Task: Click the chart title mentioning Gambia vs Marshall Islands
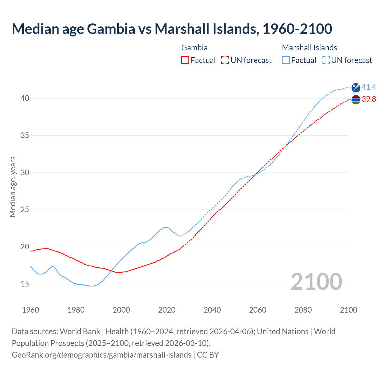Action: [x=172, y=29]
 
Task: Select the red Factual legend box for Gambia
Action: [x=185, y=60]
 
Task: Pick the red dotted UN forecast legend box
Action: [x=225, y=60]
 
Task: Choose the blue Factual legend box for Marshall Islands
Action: [x=286, y=60]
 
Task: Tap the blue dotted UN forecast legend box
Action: [x=326, y=60]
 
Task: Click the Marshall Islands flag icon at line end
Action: [x=356, y=87]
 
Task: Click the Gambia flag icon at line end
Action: [x=356, y=99]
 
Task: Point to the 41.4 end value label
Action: [x=369, y=87]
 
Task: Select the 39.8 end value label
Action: [x=369, y=99]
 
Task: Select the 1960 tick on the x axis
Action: [x=31, y=310]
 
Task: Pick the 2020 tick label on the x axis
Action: [x=167, y=310]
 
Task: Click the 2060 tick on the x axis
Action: [x=258, y=310]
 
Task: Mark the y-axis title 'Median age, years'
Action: [x=13, y=187]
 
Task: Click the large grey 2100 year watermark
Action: [x=316, y=282]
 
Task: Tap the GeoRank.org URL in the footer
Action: [x=101, y=355]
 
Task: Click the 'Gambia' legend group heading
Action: [x=194, y=48]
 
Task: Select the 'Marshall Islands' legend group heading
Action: [x=309, y=48]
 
